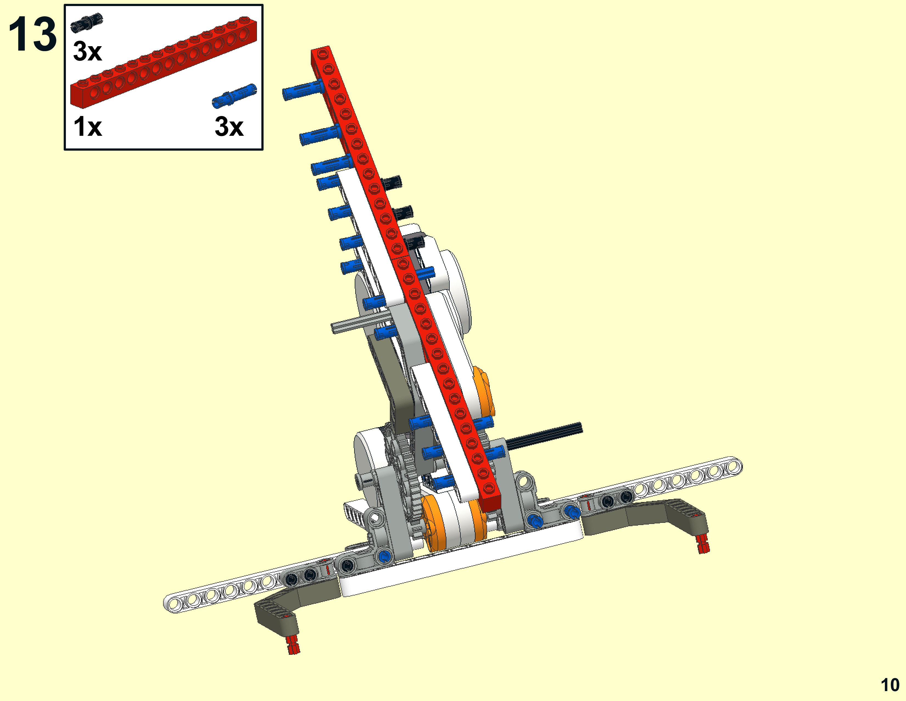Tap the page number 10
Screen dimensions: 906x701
(x=890, y=685)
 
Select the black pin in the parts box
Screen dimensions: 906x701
(x=87, y=22)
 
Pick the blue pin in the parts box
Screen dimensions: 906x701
(x=234, y=96)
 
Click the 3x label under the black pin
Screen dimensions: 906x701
(x=88, y=51)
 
